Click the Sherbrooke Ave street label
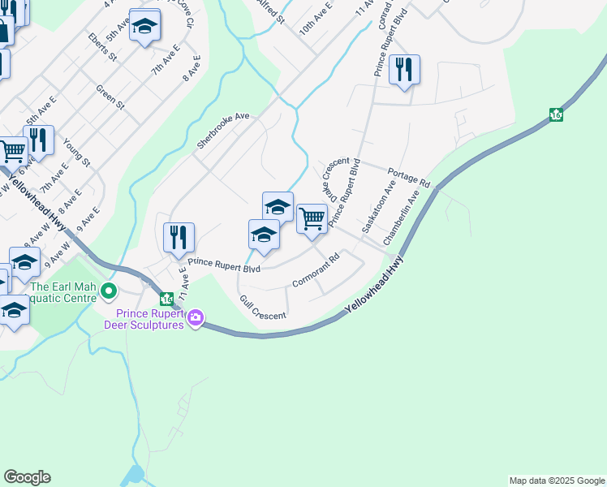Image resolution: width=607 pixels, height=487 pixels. point(222,131)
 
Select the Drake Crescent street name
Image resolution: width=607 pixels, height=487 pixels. point(335,181)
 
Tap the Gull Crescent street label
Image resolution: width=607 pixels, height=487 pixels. point(261,308)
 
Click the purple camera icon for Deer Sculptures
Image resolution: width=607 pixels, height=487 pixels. point(195,318)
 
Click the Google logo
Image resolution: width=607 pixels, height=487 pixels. point(27,477)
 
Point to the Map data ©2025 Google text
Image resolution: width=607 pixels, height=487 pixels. point(557,481)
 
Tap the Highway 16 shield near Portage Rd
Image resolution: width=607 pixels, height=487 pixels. point(556,114)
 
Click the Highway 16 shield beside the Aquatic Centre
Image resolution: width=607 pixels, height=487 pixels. point(166,300)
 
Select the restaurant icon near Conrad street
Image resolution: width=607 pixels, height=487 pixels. point(404,70)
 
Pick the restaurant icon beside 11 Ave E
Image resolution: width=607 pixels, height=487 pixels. point(179,237)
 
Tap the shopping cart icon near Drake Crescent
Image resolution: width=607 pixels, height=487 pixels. point(312,218)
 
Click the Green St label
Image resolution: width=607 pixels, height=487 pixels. point(110,97)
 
